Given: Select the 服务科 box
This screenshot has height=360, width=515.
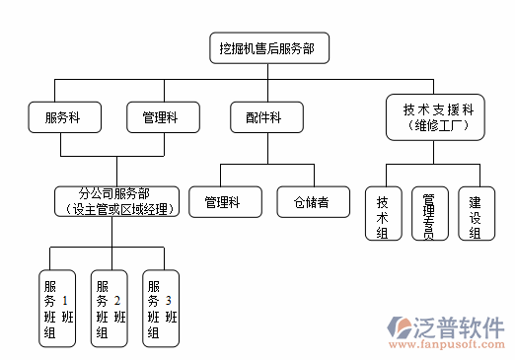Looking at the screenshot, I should pyautogui.click(x=61, y=117).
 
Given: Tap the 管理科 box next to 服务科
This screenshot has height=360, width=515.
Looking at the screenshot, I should pyautogui.click(x=159, y=117).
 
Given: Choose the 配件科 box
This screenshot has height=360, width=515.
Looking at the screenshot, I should pyautogui.click(x=262, y=117).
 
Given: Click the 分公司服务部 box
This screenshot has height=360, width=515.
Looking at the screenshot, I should pyautogui.click(x=115, y=201).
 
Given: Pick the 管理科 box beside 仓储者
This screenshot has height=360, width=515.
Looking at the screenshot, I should pyautogui.click(x=224, y=202).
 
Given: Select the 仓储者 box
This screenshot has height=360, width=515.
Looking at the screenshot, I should pyautogui.click(x=311, y=202).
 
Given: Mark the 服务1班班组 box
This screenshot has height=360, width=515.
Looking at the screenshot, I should pyautogui.click(x=57, y=308).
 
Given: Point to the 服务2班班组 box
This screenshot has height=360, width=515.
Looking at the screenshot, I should pyautogui.click(x=110, y=308).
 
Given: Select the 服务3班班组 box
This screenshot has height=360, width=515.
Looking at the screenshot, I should pyautogui.click(x=161, y=308).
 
